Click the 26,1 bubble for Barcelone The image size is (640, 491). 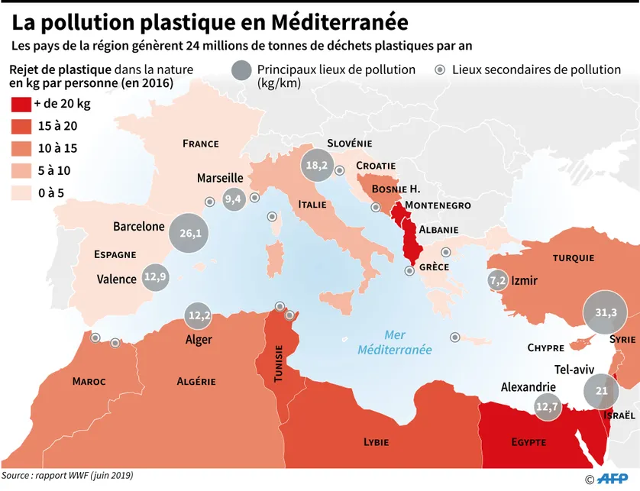(190, 233)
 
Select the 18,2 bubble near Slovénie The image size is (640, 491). (316, 165)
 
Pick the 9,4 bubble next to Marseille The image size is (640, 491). (232, 199)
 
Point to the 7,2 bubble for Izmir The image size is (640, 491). (497, 280)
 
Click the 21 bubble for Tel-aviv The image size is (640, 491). (601, 391)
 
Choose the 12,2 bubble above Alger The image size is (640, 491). (199, 314)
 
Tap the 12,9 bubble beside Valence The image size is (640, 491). (154, 276)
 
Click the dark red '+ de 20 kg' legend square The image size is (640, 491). (21, 104)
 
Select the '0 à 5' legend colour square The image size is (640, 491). (21, 192)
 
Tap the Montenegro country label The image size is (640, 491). (438, 205)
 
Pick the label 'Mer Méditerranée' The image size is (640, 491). (395, 342)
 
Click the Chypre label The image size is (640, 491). (545, 347)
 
